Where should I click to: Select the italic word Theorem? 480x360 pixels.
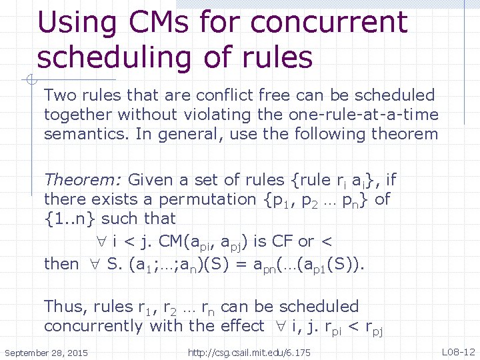83,179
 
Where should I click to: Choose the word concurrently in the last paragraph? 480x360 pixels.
94,326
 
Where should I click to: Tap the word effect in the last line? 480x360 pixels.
236,326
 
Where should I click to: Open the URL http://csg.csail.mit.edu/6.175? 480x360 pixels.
249,351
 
